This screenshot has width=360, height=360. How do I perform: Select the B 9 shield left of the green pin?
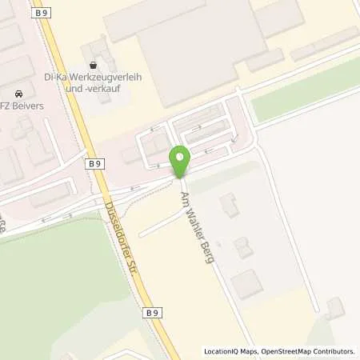click(96, 164)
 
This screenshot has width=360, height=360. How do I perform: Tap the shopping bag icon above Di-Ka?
click(94, 64)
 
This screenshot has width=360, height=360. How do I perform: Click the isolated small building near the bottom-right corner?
click(334, 307)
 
